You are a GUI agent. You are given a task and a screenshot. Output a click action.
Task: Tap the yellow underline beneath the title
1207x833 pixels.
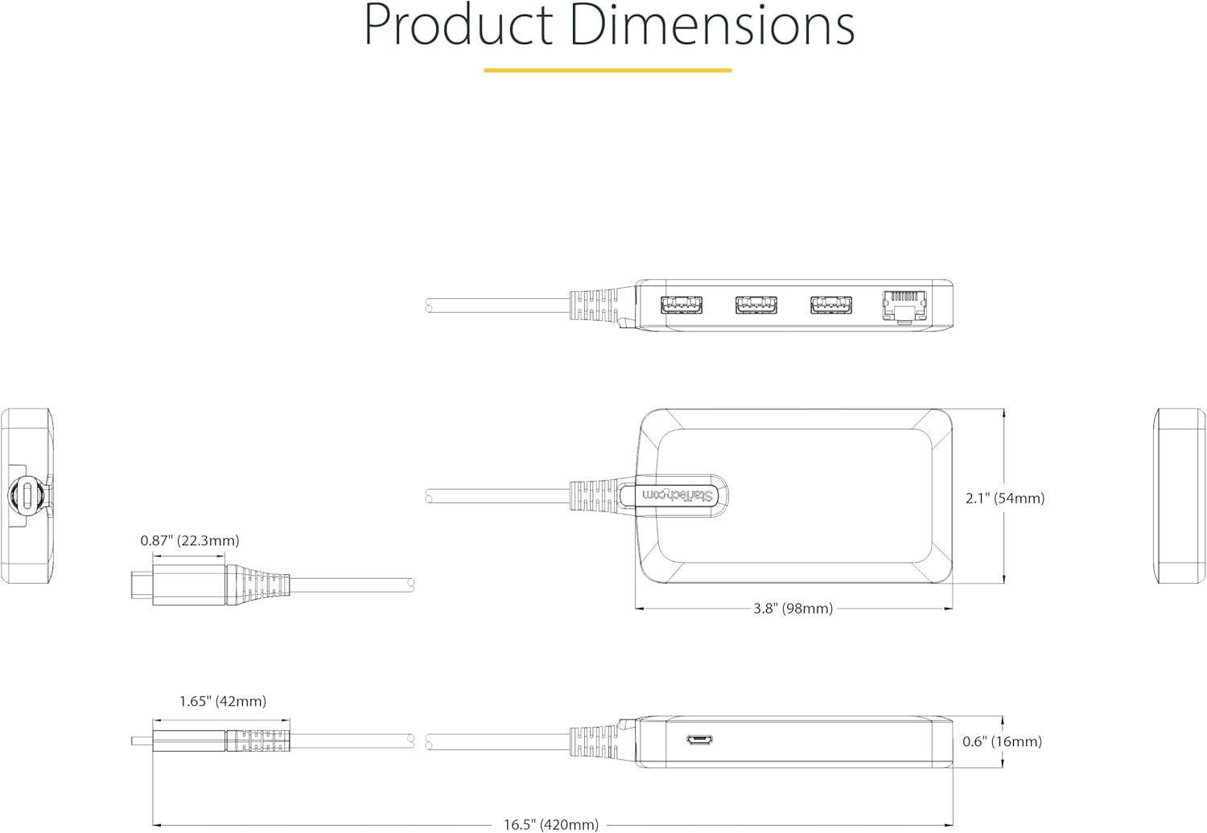click(x=608, y=70)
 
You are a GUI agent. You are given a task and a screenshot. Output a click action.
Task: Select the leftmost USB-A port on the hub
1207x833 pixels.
click(x=682, y=306)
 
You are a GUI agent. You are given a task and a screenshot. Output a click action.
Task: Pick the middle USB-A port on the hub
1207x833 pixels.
click(x=756, y=306)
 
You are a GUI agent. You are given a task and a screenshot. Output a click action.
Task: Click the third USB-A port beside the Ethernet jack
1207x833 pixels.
click(x=831, y=306)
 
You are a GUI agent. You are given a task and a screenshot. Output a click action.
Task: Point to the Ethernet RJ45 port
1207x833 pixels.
click(x=904, y=306)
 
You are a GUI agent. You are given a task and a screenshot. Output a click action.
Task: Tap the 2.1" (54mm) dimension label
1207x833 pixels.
click(x=1005, y=499)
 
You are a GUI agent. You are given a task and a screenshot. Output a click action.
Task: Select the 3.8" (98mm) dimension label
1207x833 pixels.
click(x=793, y=609)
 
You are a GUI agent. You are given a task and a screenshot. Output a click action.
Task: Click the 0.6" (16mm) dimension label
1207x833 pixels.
click(x=1002, y=741)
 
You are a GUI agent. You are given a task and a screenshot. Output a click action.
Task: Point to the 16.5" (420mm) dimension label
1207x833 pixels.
click(x=551, y=824)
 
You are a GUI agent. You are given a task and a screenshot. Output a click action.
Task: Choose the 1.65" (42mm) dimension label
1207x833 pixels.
click(x=222, y=701)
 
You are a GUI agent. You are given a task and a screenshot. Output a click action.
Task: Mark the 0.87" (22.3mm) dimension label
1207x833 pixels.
click(x=190, y=541)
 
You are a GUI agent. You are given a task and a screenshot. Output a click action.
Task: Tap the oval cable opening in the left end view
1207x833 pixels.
click(x=29, y=495)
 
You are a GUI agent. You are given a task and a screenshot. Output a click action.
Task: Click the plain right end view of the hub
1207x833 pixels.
click(x=1180, y=496)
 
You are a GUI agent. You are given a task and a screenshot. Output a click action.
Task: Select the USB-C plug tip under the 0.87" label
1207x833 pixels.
click(x=141, y=585)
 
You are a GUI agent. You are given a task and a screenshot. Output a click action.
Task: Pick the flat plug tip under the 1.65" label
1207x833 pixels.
click(x=142, y=741)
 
